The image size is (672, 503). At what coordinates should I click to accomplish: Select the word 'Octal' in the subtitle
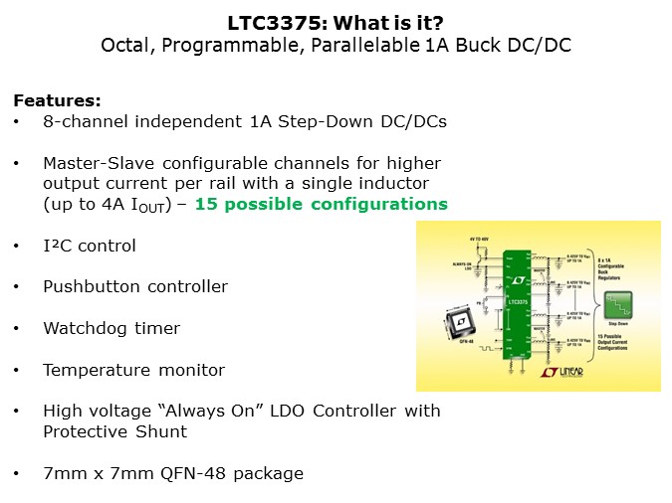pos(126,45)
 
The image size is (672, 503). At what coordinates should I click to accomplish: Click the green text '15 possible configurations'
pos(322,204)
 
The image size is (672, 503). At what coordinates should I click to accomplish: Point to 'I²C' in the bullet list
pos(56,246)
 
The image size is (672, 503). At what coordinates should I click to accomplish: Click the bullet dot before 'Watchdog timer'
pos(17,328)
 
